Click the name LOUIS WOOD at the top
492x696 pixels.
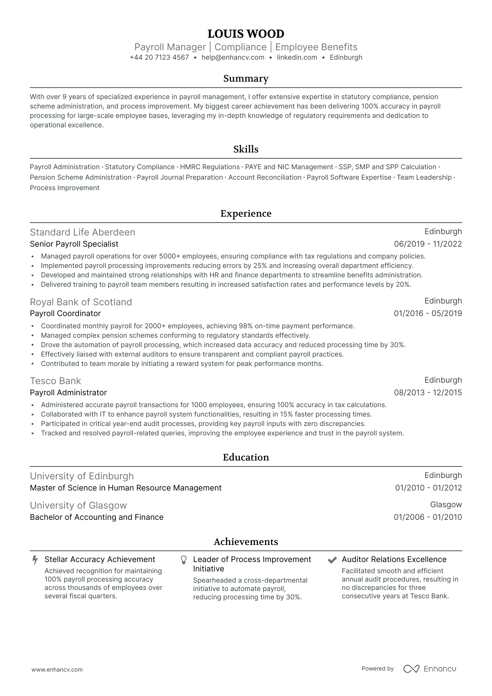coord(246,34)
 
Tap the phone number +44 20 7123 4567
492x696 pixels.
coord(159,58)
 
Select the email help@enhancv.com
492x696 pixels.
coord(233,58)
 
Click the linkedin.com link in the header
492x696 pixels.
coord(297,58)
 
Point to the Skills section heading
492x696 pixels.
coord(246,149)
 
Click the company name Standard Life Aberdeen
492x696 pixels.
coord(82,232)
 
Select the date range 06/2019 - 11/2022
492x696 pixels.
coord(428,244)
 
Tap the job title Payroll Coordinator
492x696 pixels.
coord(65,314)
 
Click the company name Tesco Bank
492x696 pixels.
coord(55,381)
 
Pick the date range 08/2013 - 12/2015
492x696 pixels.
coord(428,393)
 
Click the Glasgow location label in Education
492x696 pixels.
coord(446,505)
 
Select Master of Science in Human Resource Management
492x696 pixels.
coord(126,488)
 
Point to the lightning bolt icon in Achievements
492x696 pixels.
coord(35,560)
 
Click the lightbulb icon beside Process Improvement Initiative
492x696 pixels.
coord(184,560)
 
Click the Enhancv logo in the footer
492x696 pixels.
coord(430,669)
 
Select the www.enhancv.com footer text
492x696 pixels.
coord(57,670)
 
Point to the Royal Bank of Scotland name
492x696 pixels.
coord(81,302)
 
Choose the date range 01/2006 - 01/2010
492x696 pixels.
coord(428,517)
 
